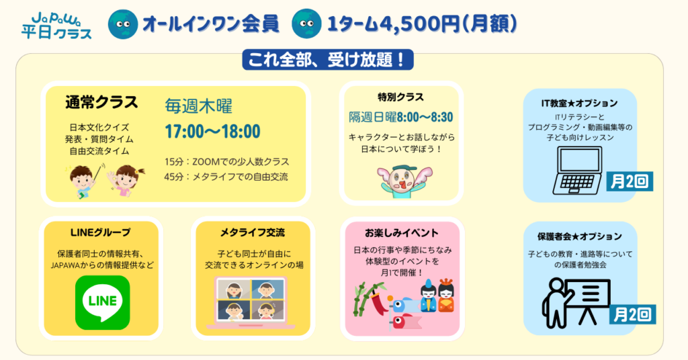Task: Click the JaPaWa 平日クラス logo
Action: coord(56,26)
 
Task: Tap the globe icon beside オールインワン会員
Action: coord(123,24)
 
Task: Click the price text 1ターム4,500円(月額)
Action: coord(422,24)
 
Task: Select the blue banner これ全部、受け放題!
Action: coord(328,60)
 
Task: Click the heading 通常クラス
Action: coord(102,102)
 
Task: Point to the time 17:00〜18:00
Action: coord(213,131)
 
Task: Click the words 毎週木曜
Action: coord(198,107)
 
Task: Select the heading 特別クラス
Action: coord(400,97)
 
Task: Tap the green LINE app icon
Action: coord(103,302)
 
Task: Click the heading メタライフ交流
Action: coord(253,232)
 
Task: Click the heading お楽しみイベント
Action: coord(402,232)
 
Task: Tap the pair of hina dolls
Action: coord(437,296)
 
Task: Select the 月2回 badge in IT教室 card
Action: coord(630,181)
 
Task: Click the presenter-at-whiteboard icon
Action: coord(576,302)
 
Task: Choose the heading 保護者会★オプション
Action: coord(580,236)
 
